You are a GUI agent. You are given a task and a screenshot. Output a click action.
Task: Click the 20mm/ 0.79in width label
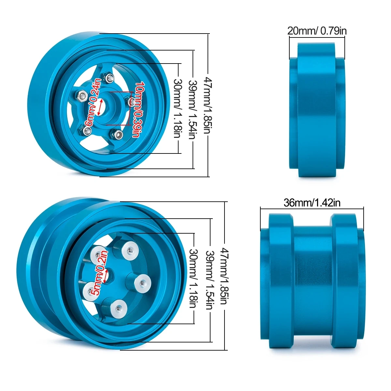pyautogui.click(x=317, y=31)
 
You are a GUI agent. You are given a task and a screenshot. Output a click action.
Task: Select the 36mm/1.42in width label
pyautogui.click(x=312, y=203)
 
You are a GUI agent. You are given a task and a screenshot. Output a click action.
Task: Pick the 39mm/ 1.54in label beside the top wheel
pyautogui.click(x=192, y=109)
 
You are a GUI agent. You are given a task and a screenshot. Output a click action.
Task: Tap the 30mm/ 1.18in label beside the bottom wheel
pyautogui.click(x=194, y=278)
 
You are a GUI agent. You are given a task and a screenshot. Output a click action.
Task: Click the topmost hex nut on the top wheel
pyautogui.click(x=109, y=78)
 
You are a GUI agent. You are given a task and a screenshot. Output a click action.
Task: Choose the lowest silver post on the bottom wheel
pyautogui.click(x=117, y=307)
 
